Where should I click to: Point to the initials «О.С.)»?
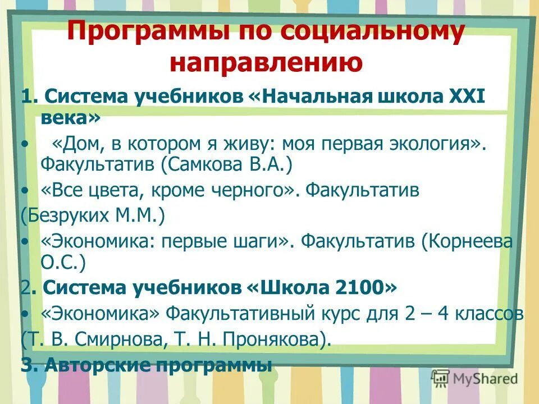click(x=62, y=261)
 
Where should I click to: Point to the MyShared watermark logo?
click(x=475, y=378)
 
